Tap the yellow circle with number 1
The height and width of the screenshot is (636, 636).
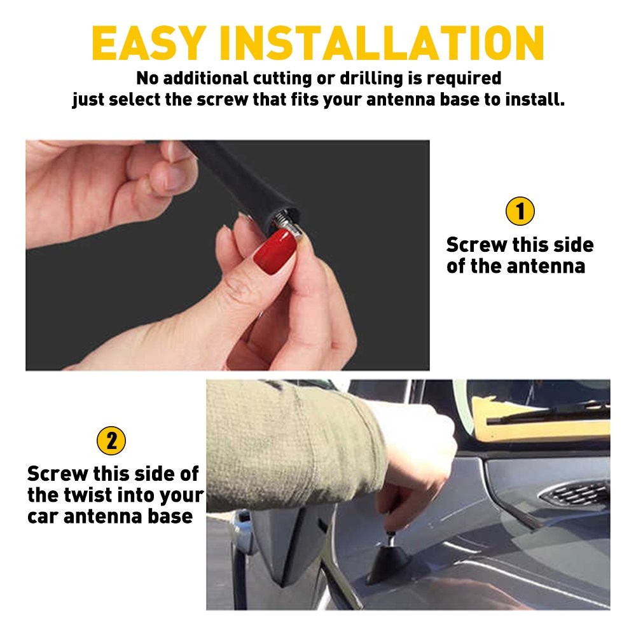pos(520,211)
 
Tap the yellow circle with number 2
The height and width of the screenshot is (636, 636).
pos(111,441)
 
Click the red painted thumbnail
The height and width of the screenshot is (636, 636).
pos(275,251)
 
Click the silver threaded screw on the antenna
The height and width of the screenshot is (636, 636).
pos(287,226)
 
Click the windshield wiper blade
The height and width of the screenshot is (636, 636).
pos(548,413)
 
